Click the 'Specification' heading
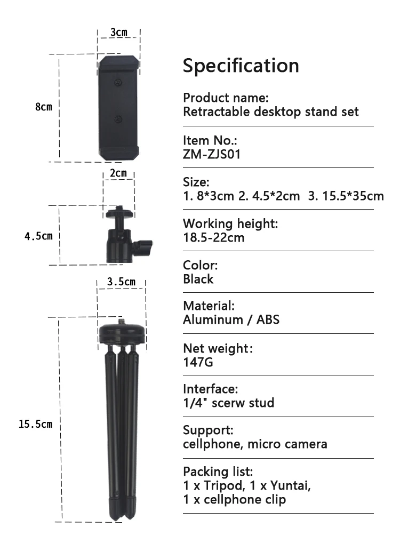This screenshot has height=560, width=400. pos(241,66)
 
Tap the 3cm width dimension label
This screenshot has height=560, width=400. pos(119,32)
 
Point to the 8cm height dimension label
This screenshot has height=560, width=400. pos(44,107)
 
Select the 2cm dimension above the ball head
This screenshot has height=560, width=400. pos(118,173)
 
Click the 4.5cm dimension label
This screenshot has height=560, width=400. pos(38,236)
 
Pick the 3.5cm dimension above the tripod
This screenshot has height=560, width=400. pos(122,282)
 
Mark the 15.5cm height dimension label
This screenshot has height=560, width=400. pos(35,425)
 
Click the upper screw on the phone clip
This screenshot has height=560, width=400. pos(117,83)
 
